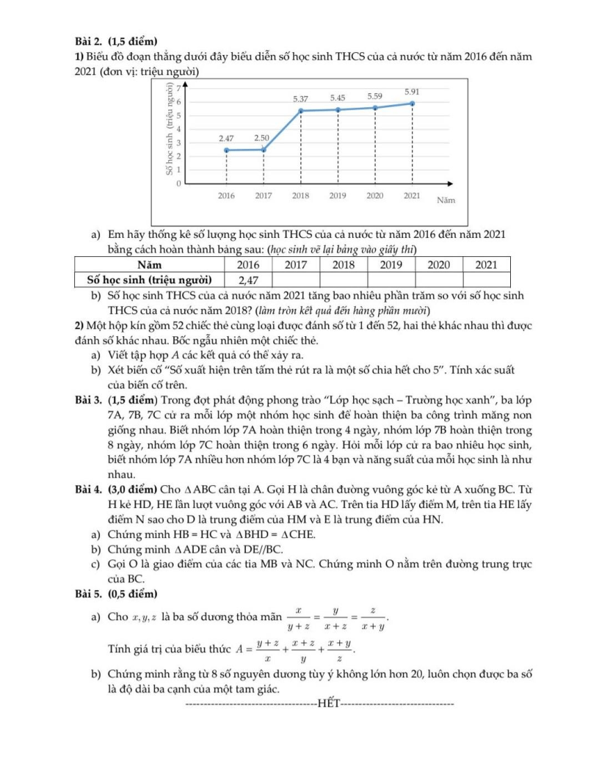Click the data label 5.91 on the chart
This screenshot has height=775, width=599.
(413, 92)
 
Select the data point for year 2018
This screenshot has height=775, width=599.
(300, 111)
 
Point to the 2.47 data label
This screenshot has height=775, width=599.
(226, 138)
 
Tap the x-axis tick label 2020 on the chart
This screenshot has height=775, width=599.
(375, 196)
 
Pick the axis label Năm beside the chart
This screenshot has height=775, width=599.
(446, 200)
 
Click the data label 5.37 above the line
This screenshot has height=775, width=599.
(301, 98)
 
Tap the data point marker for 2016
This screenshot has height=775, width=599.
(226, 150)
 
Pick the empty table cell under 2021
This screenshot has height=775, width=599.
(487, 280)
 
